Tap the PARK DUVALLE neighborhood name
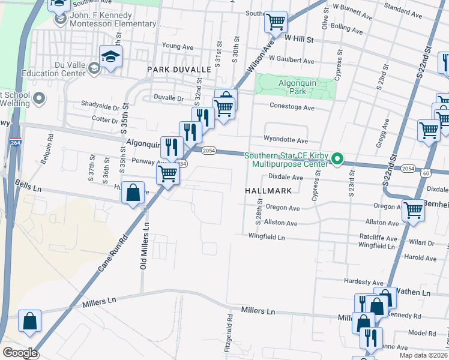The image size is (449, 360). [x=179, y=70]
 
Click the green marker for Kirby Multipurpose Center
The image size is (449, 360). [x=337, y=160]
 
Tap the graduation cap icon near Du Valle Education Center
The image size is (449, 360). [x=110, y=57]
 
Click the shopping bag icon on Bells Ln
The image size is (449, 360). [x=133, y=193]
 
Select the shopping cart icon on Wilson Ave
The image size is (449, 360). [x=276, y=23]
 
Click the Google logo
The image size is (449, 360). [x=20, y=352]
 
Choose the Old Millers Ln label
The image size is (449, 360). [x=144, y=245]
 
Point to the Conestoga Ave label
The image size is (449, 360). [x=292, y=108]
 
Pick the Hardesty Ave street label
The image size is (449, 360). [x=363, y=281]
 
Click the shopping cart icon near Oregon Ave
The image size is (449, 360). [x=413, y=211]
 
